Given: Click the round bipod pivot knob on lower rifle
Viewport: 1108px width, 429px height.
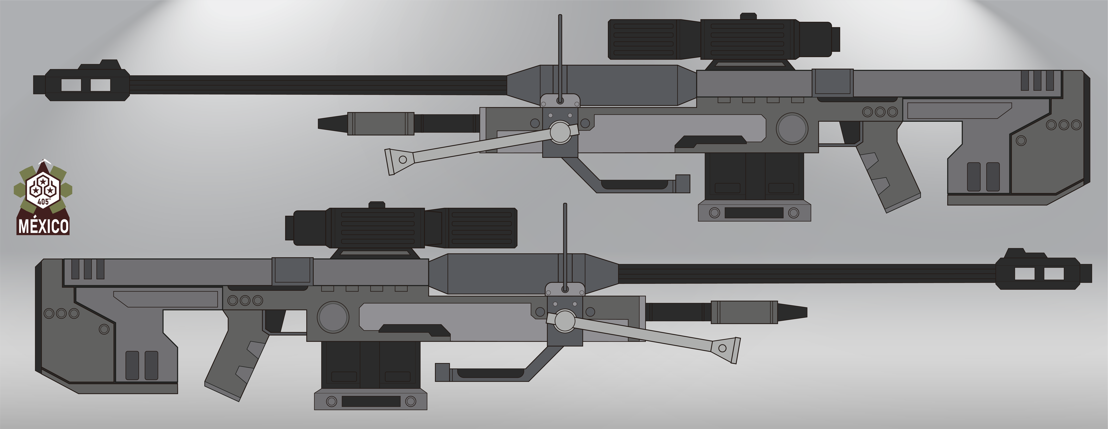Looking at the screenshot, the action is pos(565,321).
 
